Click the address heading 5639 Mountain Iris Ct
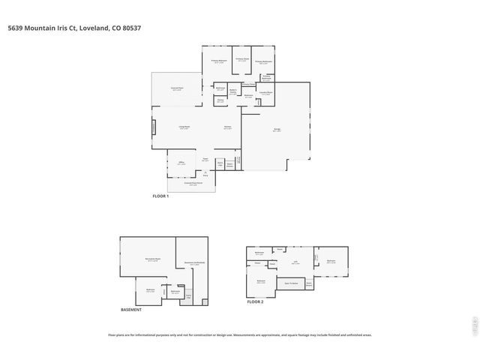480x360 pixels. point(73,28)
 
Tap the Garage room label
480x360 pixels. point(277,130)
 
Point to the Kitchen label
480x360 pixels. point(227,127)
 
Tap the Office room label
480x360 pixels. point(181,163)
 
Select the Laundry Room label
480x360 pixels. point(265,93)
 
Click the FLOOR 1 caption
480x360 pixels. point(161,196)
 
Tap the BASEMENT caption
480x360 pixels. point(131,310)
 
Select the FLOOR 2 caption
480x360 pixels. point(256,301)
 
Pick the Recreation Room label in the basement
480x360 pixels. point(152,260)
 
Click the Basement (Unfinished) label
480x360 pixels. point(195,263)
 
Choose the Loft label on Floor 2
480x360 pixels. point(295,263)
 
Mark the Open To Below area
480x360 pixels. point(292,283)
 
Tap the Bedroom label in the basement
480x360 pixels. point(150,289)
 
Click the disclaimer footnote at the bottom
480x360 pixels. point(240,335)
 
